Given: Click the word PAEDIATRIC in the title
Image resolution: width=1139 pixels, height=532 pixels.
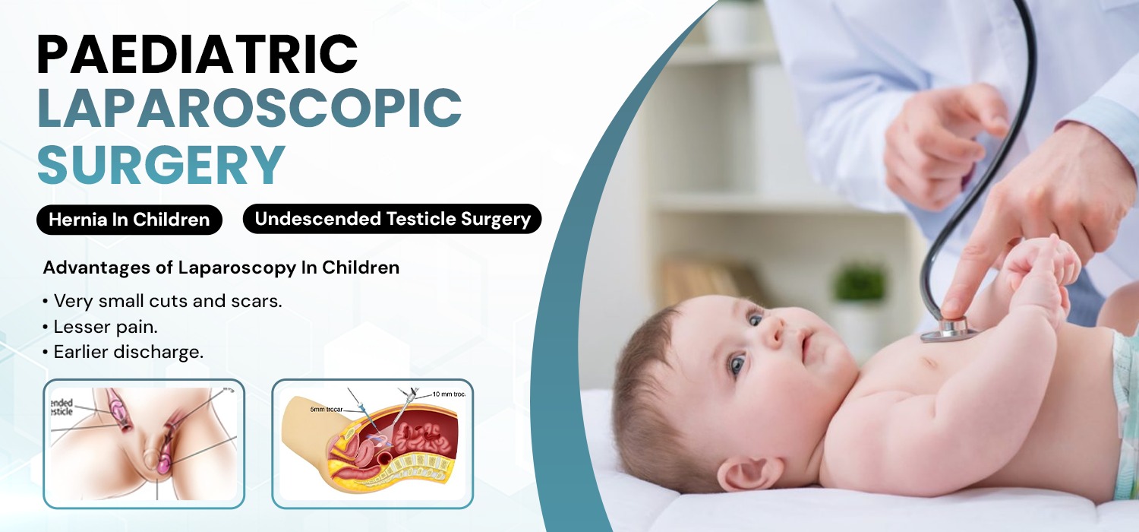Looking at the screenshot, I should pyautogui.click(x=197, y=55).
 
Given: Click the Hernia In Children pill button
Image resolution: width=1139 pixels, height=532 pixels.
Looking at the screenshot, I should pyautogui.click(x=129, y=220).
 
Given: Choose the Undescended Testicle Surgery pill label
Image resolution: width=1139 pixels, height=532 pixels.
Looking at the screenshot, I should pyautogui.click(x=392, y=219).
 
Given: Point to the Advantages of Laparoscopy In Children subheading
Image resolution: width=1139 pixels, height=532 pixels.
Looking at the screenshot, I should pyautogui.click(x=221, y=268).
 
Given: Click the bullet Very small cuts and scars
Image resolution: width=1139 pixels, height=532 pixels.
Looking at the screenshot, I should pyautogui.click(x=162, y=300).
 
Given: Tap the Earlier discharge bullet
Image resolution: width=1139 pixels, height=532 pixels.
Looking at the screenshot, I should pyautogui.click(x=123, y=353).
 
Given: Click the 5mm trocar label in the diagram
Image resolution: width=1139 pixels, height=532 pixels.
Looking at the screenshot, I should pyautogui.click(x=327, y=409).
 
